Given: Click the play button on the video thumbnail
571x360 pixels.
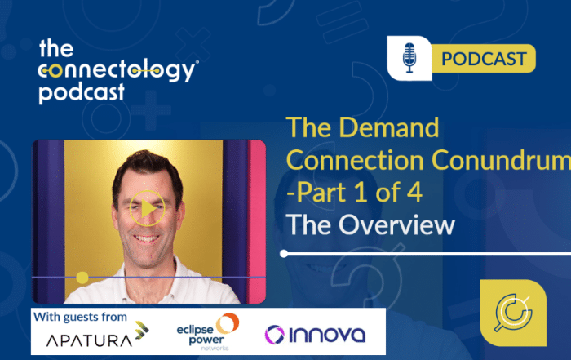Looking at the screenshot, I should [147, 209].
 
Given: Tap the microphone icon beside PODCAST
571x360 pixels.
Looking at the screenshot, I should [410, 60].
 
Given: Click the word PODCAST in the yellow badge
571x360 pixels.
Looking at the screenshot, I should [484, 60].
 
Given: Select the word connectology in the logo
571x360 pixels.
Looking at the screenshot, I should [118, 70].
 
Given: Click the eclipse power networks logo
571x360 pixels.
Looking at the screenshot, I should [206, 330].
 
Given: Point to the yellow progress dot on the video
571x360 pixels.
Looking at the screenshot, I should [82, 276].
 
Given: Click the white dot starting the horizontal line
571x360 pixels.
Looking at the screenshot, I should [284, 253].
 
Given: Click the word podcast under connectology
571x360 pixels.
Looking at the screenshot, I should [82, 91].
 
